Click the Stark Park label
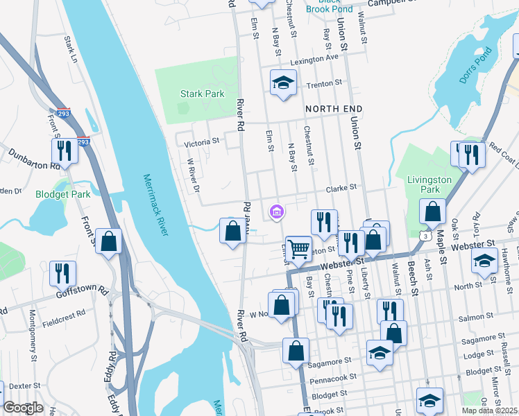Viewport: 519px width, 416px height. tap(203, 94)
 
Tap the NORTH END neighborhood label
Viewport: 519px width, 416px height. tap(334, 110)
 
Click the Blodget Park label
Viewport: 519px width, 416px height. tap(63, 195)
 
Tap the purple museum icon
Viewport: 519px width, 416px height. tap(276, 211)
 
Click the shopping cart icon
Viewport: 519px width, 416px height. tap(298, 248)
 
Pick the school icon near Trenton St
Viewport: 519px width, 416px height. tap(282, 84)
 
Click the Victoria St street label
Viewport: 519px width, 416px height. tap(202, 142)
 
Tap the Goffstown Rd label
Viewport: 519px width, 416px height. tap(82, 293)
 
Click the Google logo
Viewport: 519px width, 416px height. tap(23, 408)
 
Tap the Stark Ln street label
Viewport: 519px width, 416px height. tap(71, 49)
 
